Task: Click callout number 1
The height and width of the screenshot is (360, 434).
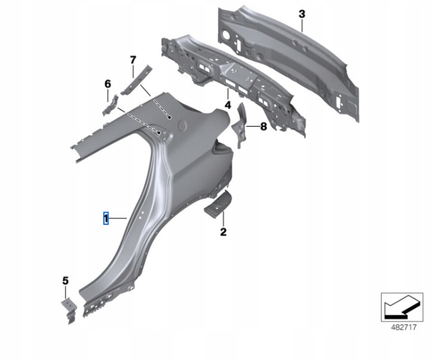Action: (x=106, y=218)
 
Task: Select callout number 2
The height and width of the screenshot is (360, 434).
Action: (x=223, y=232)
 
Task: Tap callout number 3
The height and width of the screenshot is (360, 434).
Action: (x=302, y=14)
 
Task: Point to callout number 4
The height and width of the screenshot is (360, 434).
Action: (x=228, y=105)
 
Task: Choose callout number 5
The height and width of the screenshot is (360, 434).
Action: (x=65, y=281)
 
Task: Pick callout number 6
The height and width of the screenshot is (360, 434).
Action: (x=108, y=84)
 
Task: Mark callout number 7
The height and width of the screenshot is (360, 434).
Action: (x=133, y=60)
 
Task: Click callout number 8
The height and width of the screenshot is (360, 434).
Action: (x=263, y=127)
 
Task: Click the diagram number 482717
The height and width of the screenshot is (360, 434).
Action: (x=404, y=327)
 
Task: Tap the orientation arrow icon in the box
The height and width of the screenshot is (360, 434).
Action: (x=402, y=307)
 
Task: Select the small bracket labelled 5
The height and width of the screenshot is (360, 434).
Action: (x=69, y=310)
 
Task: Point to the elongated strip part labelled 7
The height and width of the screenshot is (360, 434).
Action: (x=137, y=80)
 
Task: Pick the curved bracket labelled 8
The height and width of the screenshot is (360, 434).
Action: (x=238, y=125)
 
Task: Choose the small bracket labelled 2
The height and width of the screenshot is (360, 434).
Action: (x=218, y=204)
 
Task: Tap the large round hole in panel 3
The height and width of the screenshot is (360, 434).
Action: (x=226, y=35)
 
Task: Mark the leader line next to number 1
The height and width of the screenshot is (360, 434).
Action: (x=117, y=218)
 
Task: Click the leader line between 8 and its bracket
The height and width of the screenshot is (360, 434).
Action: (x=252, y=127)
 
